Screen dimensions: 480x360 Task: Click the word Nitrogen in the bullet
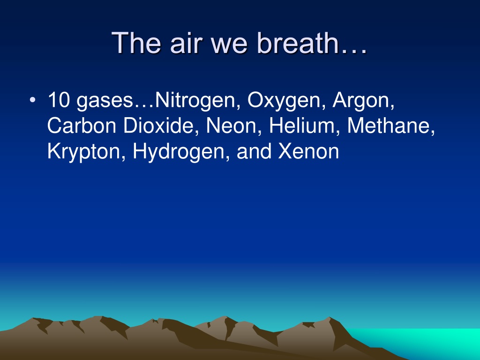(195, 101)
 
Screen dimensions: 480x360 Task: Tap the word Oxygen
(284, 101)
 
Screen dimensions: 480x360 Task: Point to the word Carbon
(82, 126)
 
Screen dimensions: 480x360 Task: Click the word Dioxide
(158, 126)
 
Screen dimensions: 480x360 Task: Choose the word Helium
(302, 126)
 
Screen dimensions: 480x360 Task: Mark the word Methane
(388, 126)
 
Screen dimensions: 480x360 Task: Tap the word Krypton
(84, 152)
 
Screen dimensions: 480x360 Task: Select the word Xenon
(308, 151)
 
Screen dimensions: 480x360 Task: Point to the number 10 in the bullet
(59, 100)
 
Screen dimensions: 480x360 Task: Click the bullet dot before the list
(32, 100)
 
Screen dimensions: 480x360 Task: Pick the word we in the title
(229, 45)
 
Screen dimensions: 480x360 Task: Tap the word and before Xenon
(254, 151)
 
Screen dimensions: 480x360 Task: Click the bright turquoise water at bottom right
(428, 340)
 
